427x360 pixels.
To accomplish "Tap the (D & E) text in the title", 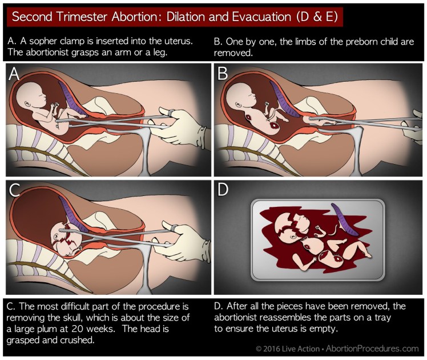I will (309, 17).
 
